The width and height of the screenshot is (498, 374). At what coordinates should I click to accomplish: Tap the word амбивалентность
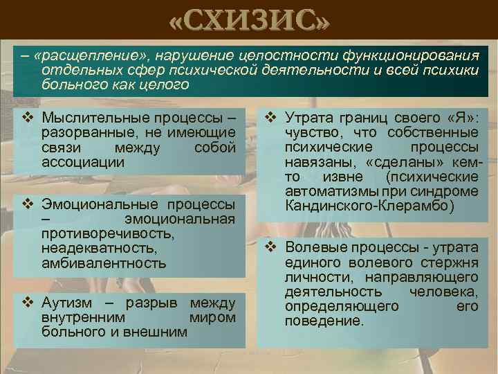[x=104, y=263]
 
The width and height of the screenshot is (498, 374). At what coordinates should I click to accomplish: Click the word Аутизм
[x=64, y=302]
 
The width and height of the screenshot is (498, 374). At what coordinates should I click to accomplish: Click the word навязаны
[x=311, y=164]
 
